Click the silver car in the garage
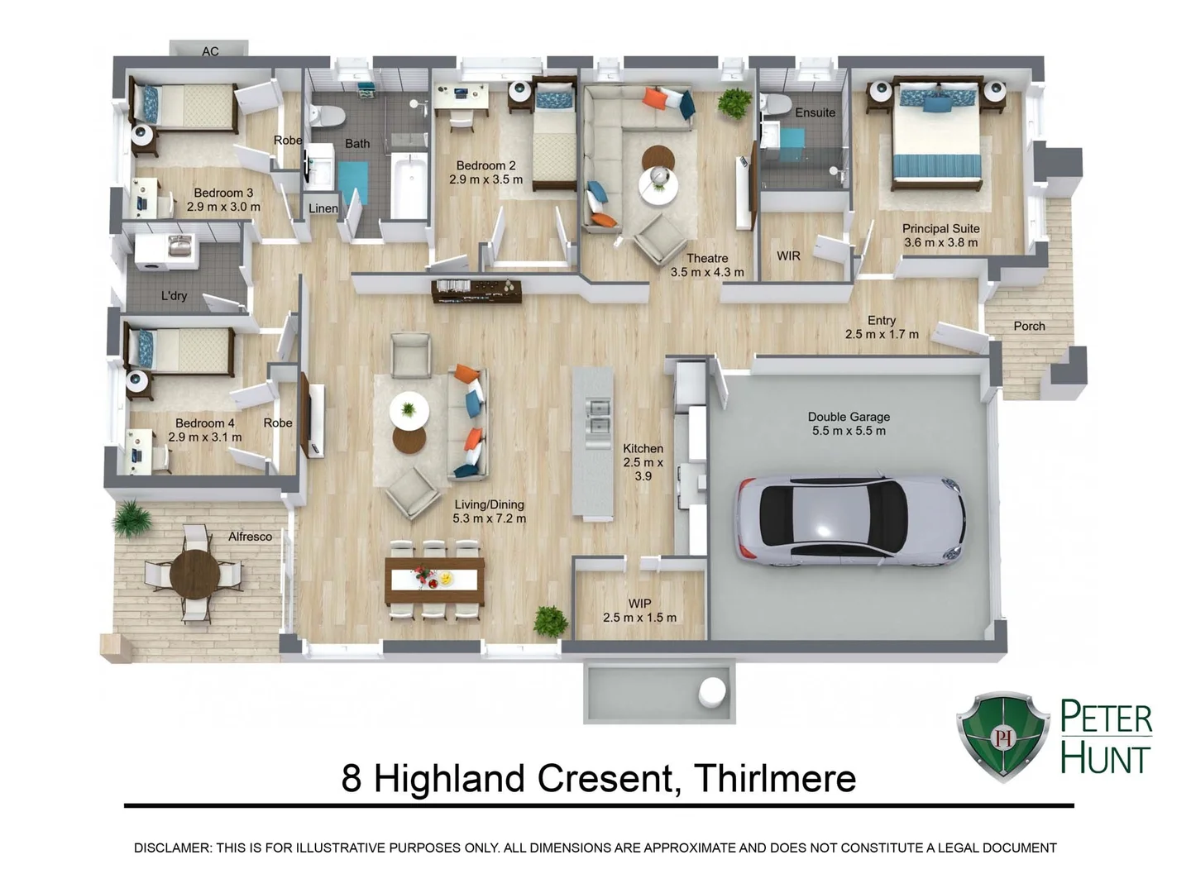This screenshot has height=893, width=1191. point(850,521)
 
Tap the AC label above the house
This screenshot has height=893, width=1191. point(210,51)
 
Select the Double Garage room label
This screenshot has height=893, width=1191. point(849,417)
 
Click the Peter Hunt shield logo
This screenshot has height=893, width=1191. point(1003,736)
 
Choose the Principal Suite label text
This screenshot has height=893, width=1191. point(940,228)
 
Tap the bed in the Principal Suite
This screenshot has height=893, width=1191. point(938,141)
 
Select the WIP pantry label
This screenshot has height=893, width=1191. point(639,604)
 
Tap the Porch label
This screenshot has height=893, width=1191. point(1029,326)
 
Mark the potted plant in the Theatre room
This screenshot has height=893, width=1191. point(734,103)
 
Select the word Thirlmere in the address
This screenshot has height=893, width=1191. point(774,778)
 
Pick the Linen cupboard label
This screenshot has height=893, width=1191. point(323,208)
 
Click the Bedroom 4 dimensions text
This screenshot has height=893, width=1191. point(205,437)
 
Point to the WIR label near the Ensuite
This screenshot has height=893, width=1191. point(788,256)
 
